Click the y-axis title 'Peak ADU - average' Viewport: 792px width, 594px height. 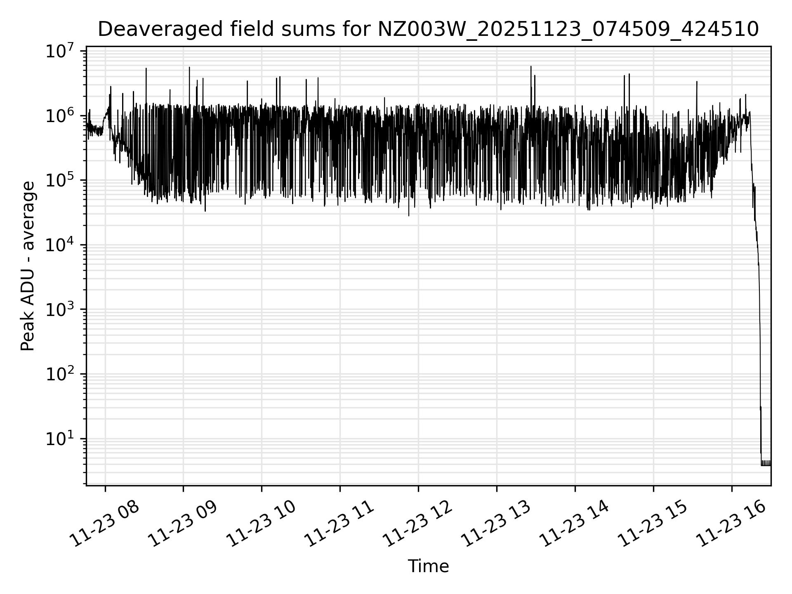pos(28,266)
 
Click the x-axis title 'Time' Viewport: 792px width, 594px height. pos(428,566)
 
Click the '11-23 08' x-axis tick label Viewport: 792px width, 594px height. pos(104,524)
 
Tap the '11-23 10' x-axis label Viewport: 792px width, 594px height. pos(261,524)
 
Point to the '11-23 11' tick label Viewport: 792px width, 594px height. pos(339,524)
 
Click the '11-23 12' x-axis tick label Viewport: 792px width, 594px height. pos(417,524)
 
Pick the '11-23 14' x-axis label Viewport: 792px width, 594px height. pos(574,524)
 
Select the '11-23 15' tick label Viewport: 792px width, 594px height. pos(653,524)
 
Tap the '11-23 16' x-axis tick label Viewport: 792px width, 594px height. pos(731,524)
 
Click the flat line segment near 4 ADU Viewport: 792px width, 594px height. pos(766,465)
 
